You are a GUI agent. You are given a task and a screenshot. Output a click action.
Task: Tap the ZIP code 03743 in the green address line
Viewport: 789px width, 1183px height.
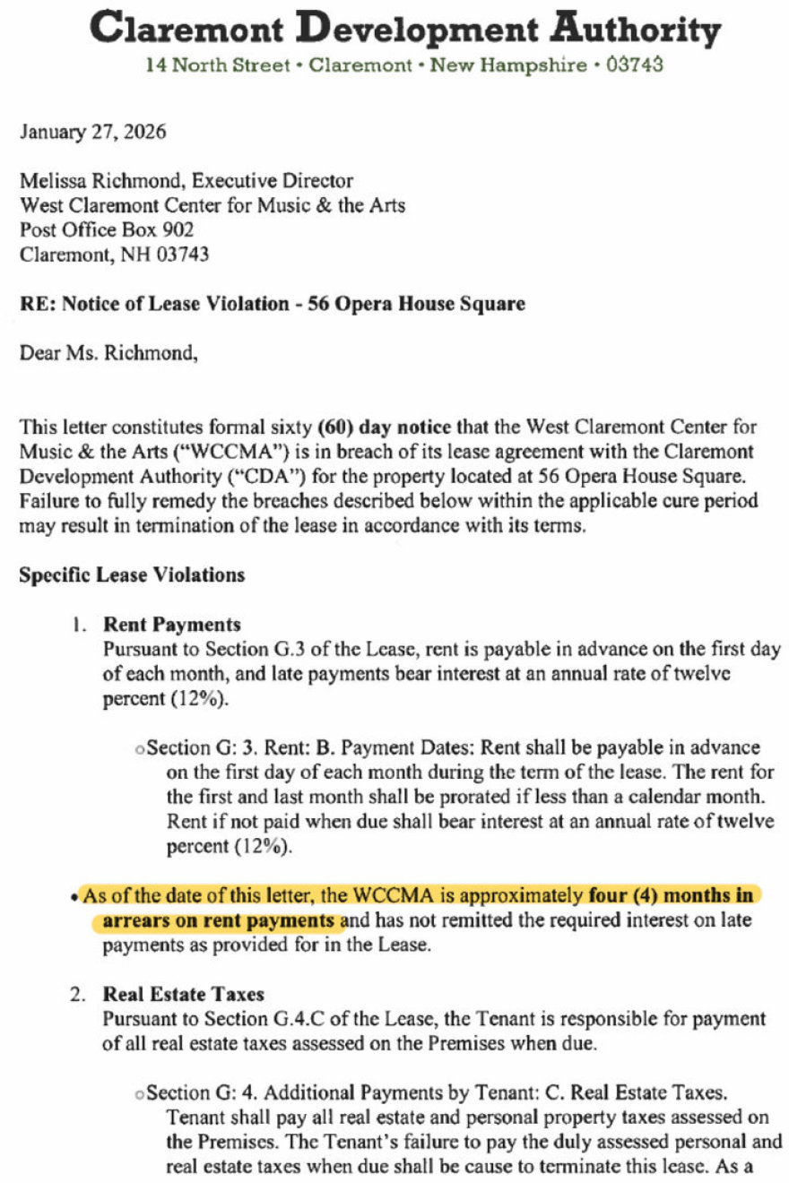point(634,65)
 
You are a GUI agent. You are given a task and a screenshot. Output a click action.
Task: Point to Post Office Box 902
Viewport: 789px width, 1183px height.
point(107,229)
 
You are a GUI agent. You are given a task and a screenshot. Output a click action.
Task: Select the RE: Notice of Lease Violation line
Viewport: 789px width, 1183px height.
point(273,303)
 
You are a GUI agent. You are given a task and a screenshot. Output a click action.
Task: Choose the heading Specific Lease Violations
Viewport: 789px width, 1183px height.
point(132,574)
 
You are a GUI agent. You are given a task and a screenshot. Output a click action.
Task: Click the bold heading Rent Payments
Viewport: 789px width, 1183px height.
point(172,624)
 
